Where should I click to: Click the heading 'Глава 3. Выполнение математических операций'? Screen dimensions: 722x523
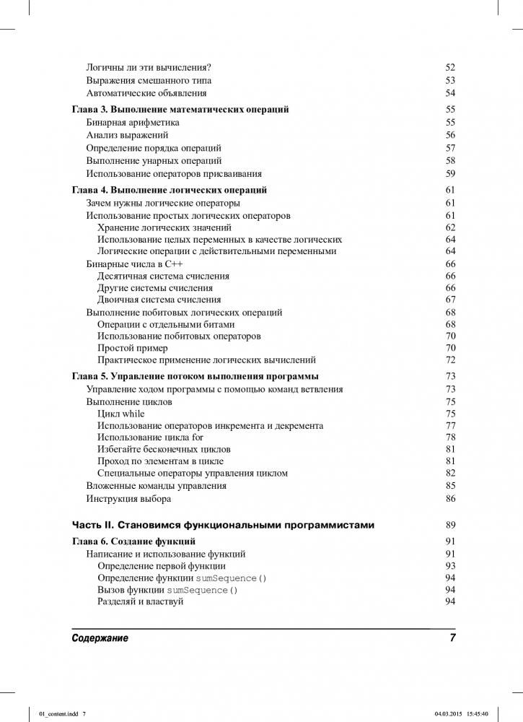180,110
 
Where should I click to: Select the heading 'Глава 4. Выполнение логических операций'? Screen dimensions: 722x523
170,190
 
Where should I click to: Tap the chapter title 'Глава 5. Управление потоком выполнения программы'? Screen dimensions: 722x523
195,376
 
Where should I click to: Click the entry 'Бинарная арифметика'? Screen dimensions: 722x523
133,123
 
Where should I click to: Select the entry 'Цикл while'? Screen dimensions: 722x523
120,414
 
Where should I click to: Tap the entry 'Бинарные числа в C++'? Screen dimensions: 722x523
134,264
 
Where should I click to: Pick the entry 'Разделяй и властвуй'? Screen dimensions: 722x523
140,602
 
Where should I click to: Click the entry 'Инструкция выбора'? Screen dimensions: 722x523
128,499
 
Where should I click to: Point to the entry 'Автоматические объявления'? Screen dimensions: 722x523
146,93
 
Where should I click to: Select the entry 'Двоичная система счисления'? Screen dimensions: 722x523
159,300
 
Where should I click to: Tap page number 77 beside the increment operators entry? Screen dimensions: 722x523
450,426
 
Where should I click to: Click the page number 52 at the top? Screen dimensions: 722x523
450,67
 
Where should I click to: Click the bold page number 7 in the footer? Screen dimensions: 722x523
452,638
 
